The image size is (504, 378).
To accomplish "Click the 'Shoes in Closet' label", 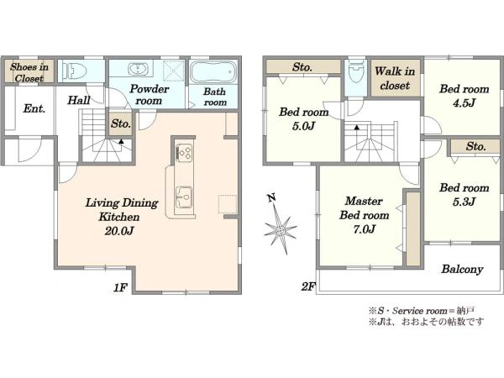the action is coord(29,72).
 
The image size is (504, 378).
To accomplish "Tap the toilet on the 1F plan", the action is coord(75,70).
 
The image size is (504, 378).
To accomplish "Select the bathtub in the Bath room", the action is coord(213,71).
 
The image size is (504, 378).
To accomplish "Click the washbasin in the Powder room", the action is coord(139,69).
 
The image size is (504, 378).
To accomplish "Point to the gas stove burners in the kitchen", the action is coord(185,153).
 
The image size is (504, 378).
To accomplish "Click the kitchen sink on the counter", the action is coord(184,197).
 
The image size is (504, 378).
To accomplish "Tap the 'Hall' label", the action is coord(79,100).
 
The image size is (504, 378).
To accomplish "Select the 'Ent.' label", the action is coord(34,108).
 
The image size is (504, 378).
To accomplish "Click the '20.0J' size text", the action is coord(118,230).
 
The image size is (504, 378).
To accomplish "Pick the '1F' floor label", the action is coord(120,287).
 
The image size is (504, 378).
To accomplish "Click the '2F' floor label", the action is coord(308,286).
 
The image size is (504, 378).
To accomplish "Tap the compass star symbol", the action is coord(281,230).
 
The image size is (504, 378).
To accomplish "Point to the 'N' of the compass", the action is coord(272,198).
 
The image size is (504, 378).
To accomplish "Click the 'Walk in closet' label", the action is coord(395,78).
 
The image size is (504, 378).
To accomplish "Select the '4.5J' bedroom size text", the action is coord(464,103).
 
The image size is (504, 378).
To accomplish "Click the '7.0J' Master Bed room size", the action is coord(364,228).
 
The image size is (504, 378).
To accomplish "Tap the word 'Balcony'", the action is coord(462,269).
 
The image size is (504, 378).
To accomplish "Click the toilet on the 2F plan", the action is coord(355,72).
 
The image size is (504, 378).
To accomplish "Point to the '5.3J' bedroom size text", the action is coord(464,202).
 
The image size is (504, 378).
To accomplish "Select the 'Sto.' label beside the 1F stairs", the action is coord(121,123).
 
